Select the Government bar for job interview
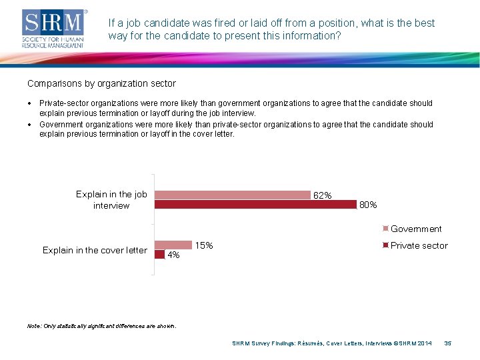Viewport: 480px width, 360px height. [x=233, y=195]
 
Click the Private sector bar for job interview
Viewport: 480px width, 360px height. [x=255, y=205]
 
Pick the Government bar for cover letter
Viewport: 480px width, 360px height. [x=173, y=245]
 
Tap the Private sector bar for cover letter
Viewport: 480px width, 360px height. [x=160, y=254]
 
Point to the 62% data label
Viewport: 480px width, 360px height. [x=323, y=195]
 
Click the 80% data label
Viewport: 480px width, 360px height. [x=368, y=205]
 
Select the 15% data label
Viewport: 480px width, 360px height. [x=204, y=246]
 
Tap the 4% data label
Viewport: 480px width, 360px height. [x=173, y=255]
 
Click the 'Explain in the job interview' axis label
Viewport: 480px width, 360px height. [x=111, y=200]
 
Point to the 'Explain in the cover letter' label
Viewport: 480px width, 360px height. [x=95, y=250]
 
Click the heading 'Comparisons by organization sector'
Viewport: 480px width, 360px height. [x=101, y=84]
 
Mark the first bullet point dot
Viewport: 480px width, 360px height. [x=30, y=103]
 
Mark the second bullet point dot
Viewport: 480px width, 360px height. [x=30, y=125]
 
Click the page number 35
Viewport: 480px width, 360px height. [x=448, y=343]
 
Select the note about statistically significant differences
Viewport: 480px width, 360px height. [x=101, y=326]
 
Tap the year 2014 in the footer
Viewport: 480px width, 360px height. [x=424, y=343]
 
